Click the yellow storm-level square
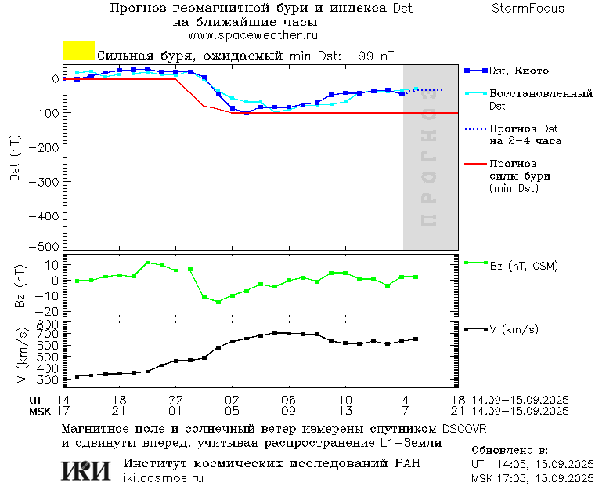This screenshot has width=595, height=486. coord(78,51)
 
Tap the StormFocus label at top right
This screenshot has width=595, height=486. coord(528,9)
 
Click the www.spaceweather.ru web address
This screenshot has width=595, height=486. coord(252,35)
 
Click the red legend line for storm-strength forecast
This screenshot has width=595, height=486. coord(474,165)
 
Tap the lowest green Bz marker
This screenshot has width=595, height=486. coord(218,302)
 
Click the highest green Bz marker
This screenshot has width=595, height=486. coord(148,263)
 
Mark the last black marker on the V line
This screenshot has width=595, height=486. coord(416,339)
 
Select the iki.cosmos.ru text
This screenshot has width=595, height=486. coord(163,478)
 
